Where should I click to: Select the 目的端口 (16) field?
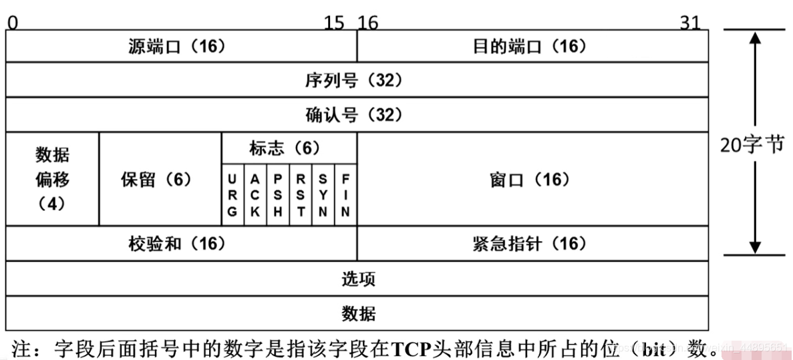(x=532, y=47)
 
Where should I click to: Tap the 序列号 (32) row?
(x=356, y=80)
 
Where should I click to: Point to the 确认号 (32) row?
(x=356, y=115)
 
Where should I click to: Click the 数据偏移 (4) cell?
(x=52, y=179)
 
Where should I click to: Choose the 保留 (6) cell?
(x=160, y=179)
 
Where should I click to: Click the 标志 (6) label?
(x=288, y=148)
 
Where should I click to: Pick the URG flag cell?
(x=232, y=196)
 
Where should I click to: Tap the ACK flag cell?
(x=255, y=196)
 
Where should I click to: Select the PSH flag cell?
(x=278, y=196)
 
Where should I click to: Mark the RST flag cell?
(x=301, y=196)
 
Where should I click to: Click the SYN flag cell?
(x=323, y=196)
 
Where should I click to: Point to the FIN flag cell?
(x=345, y=196)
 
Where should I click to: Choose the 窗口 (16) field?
(x=532, y=179)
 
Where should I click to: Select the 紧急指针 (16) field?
(x=532, y=244)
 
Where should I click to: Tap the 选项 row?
(x=356, y=279)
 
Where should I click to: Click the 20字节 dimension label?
(x=752, y=145)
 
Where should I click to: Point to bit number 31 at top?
(x=689, y=23)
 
